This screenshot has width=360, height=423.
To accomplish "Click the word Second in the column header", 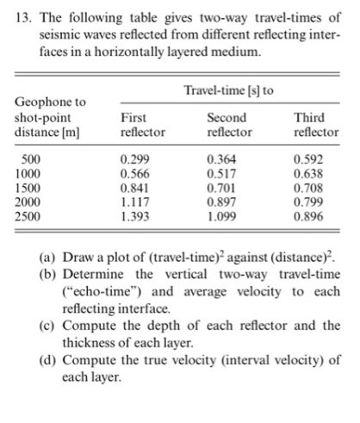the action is pyautogui.click(x=227, y=117).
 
